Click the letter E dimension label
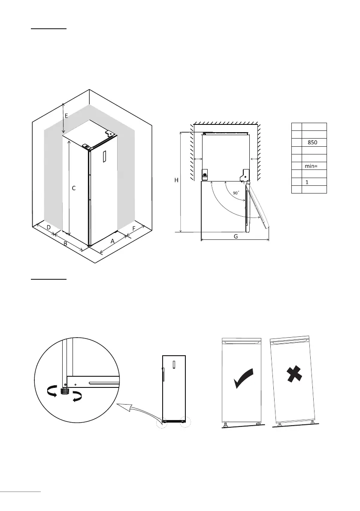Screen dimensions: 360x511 coord(66,116)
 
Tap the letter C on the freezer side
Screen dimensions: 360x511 coord(74,188)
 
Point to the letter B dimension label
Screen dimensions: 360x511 coord(65,244)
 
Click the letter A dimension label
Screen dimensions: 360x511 coord(112,241)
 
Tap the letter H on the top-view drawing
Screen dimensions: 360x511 coord(176,181)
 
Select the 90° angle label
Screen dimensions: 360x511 coord(236,193)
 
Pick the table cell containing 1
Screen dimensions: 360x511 coord(307,182)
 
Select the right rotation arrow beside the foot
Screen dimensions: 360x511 coord(78,396)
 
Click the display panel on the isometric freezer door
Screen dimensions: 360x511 coord(103,156)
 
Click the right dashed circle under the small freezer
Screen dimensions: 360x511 coord(185,422)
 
